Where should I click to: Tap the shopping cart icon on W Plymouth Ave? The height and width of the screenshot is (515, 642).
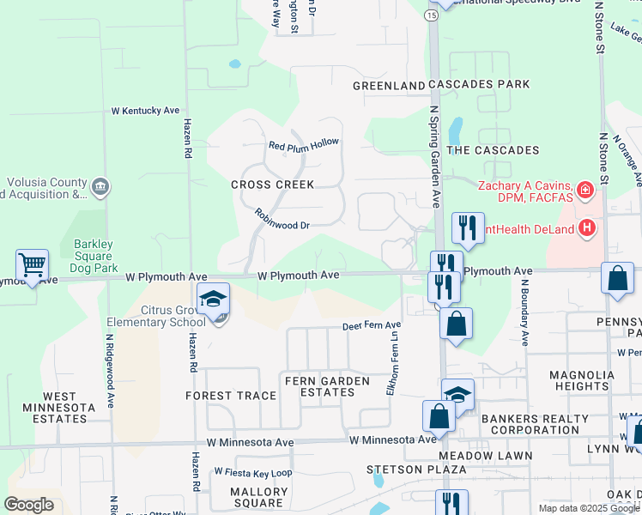[x=33, y=264]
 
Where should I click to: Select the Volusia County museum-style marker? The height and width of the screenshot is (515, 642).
[x=100, y=187]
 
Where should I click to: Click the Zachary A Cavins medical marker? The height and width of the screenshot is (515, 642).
[x=585, y=189]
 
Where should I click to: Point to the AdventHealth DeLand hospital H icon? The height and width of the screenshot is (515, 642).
[x=587, y=227]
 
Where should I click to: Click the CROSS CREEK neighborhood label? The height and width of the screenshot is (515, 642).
[x=272, y=185]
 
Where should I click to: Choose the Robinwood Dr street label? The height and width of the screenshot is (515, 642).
[x=282, y=219]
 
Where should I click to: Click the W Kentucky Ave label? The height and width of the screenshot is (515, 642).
[x=145, y=111]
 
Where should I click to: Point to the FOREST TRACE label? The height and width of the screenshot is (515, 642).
[x=230, y=396]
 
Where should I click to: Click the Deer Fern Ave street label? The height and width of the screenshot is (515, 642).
[x=372, y=326]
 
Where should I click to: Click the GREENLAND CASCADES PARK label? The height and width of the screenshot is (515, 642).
[x=442, y=85]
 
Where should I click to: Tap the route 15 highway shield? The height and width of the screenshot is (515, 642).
[x=431, y=15]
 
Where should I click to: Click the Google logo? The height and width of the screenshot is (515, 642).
[x=29, y=505]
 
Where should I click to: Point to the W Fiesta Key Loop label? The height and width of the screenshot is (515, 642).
[x=253, y=472]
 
